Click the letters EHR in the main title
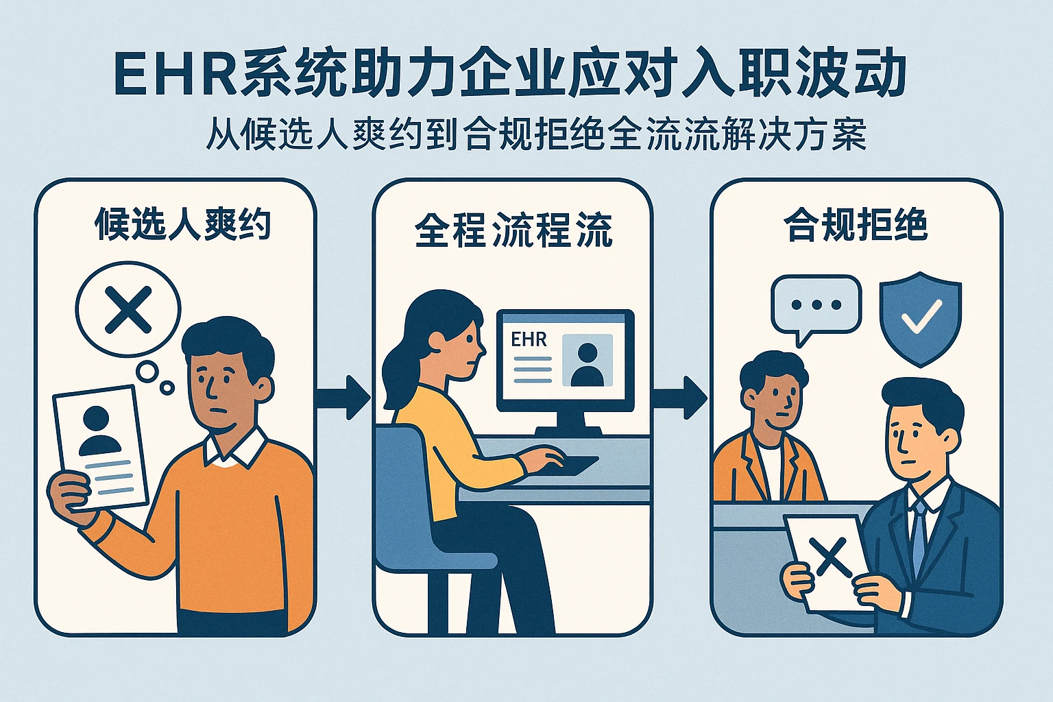175,74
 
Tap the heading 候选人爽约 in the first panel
183,224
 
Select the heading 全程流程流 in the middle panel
513,230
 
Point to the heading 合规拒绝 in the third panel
856,224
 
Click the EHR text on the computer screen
529,339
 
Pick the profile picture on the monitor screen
587,361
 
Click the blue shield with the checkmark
920,319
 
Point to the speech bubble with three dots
816,306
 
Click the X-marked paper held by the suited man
826,559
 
